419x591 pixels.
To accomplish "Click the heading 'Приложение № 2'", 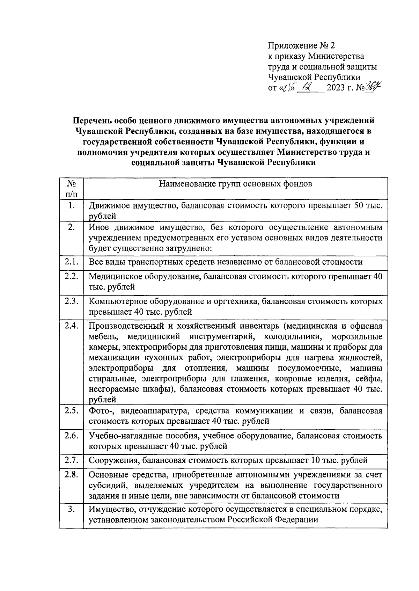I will (301, 46).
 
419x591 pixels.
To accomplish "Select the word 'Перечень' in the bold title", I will (92, 121).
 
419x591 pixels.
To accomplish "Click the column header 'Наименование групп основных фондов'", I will (235, 183).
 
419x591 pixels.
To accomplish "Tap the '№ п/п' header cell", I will (71, 188).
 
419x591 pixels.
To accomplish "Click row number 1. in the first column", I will (72, 206).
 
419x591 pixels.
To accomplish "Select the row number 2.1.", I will (71, 262).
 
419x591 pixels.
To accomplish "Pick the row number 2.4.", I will (71, 326).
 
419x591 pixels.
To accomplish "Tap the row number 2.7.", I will (71, 460).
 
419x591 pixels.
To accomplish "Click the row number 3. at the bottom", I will (72, 509).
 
